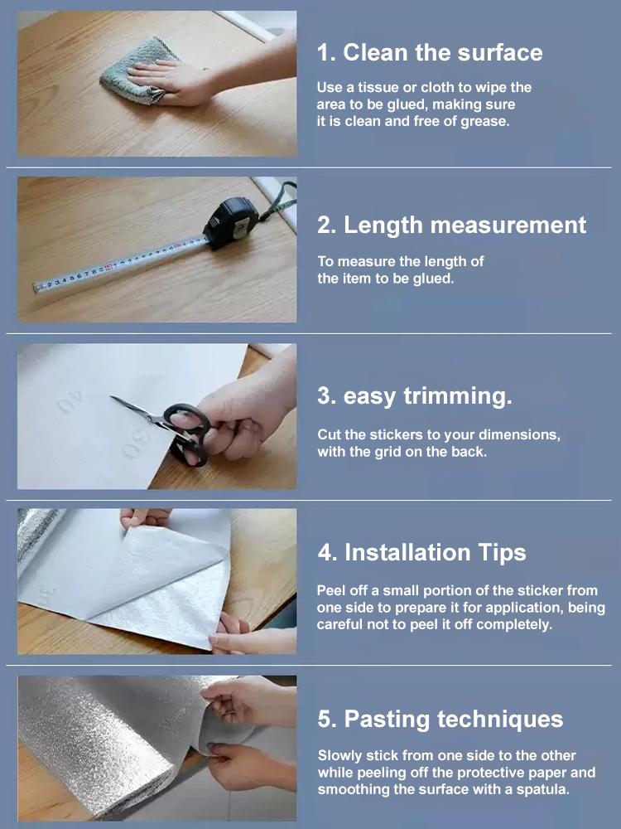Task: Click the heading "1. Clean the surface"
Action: tap(430, 52)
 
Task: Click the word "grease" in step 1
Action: tap(482, 121)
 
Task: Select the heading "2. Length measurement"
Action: tap(452, 225)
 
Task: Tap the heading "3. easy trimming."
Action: tap(415, 396)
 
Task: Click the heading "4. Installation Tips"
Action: tap(422, 552)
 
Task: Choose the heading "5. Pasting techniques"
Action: tap(440, 719)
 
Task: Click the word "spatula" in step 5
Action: tap(543, 789)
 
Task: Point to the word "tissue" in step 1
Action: tap(371, 87)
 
